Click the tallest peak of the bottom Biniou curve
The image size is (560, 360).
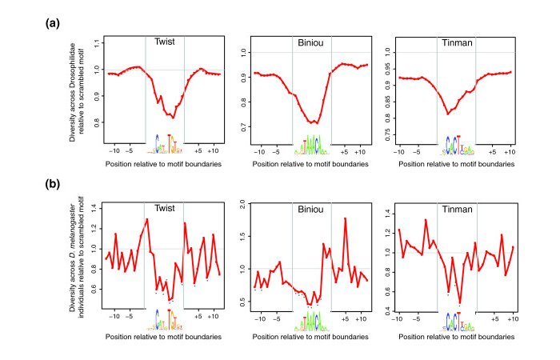(345, 219)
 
